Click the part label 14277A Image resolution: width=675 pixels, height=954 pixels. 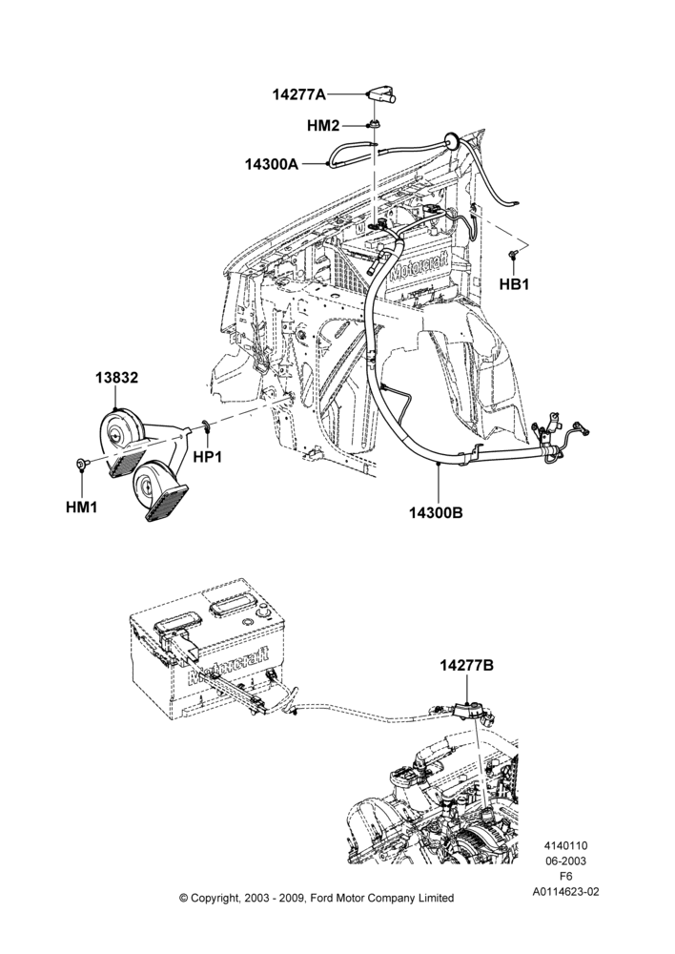point(298,94)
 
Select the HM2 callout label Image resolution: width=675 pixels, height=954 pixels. point(323,126)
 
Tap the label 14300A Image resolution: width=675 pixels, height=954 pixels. point(272,164)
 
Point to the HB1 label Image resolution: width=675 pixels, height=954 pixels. point(514,283)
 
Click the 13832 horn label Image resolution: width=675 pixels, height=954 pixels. point(116,378)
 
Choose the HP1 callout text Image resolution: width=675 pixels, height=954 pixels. point(208,456)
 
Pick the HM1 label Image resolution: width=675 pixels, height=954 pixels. point(81,507)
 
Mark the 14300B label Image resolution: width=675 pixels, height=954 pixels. point(436,513)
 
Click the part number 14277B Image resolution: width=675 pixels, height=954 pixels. point(466,666)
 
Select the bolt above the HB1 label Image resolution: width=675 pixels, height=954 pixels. point(512,255)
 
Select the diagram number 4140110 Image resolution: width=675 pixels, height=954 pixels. point(565,845)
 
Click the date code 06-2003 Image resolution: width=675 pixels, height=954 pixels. point(565,861)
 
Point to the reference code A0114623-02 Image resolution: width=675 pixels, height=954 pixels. point(565,892)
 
